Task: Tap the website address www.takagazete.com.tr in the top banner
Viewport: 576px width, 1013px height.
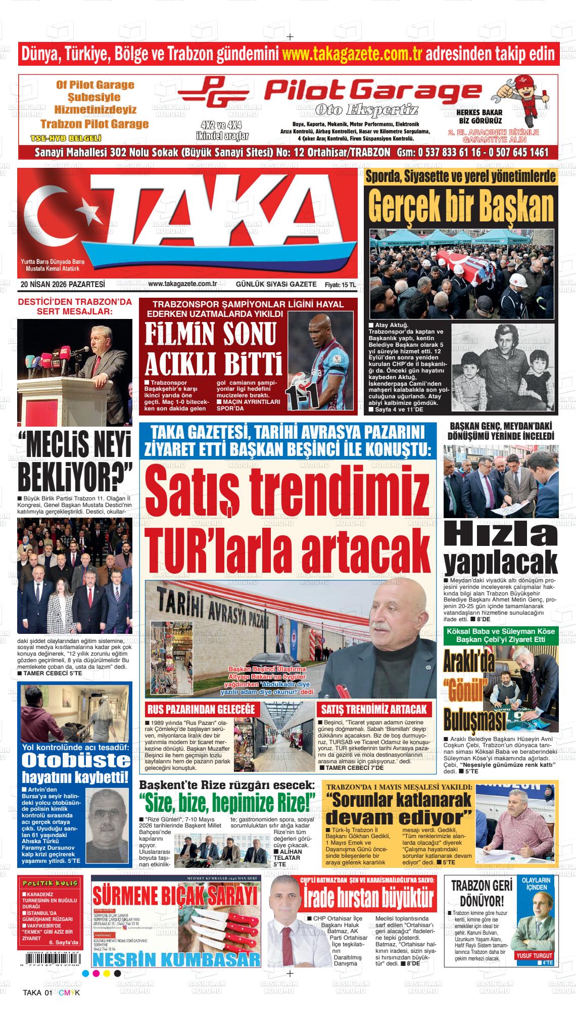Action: pos(352,54)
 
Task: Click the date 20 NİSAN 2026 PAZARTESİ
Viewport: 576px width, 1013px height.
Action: pos(63,285)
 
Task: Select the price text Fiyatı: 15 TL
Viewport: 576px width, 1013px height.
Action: pos(340,285)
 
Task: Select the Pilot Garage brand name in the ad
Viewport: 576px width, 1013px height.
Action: pos(373,91)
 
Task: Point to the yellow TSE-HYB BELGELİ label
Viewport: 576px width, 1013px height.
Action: pos(66,138)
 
